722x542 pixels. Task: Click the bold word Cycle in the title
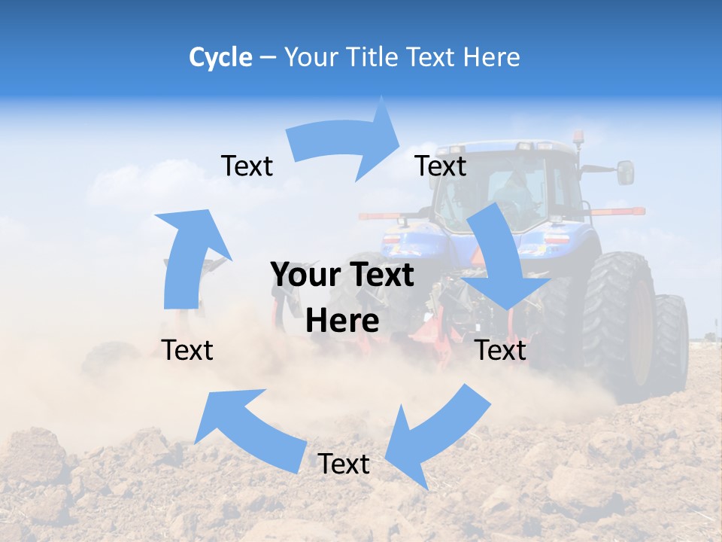[220, 57]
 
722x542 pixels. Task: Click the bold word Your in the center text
[306, 275]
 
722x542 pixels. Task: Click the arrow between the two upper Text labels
[346, 139]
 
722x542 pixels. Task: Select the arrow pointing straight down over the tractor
[504, 256]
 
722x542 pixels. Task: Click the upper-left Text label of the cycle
[247, 166]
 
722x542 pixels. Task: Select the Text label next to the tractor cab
[441, 166]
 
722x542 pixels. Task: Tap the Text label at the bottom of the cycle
[344, 464]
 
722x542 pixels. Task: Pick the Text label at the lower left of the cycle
[187, 350]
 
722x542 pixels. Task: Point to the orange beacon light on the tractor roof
[578, 138]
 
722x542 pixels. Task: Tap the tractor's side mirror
[625, 172]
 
